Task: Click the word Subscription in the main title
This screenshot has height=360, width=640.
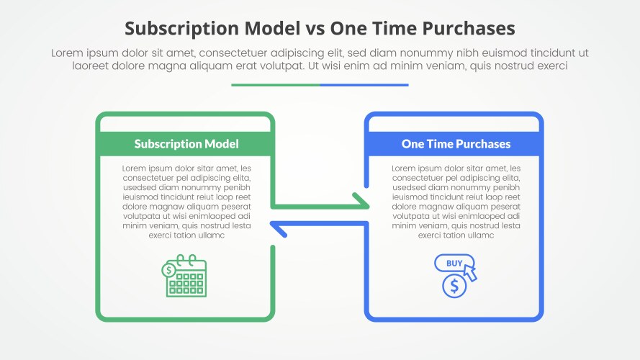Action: (x=181, y=29)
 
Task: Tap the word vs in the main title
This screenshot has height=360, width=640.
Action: (x=315, y=29)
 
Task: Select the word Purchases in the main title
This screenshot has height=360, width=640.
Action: (x=469, y=29)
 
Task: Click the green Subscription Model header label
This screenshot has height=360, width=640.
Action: (x=186, y=144)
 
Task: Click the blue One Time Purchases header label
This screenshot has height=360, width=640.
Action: (x=456, y=144)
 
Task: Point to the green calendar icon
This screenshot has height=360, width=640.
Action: (x=184, y=276)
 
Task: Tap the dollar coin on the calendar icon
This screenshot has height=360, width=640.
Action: (x=168, y=270)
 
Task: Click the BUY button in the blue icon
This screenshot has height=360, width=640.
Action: (x=454, y=264)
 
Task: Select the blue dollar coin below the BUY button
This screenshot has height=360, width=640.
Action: (x=454, y=286)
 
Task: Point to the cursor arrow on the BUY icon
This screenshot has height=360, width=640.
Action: (x=470, y=272)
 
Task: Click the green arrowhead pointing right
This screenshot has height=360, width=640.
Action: (x=361, y=202)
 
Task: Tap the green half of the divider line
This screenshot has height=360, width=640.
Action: (x=276, y=85)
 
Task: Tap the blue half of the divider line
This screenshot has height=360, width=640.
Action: (x=364, y=85)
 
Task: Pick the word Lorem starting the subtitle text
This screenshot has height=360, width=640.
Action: (x=67, y=53)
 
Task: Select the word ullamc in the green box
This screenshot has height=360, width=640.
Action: (x=211, y=235)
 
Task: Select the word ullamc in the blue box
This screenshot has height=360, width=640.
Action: (x=480, y=235)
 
